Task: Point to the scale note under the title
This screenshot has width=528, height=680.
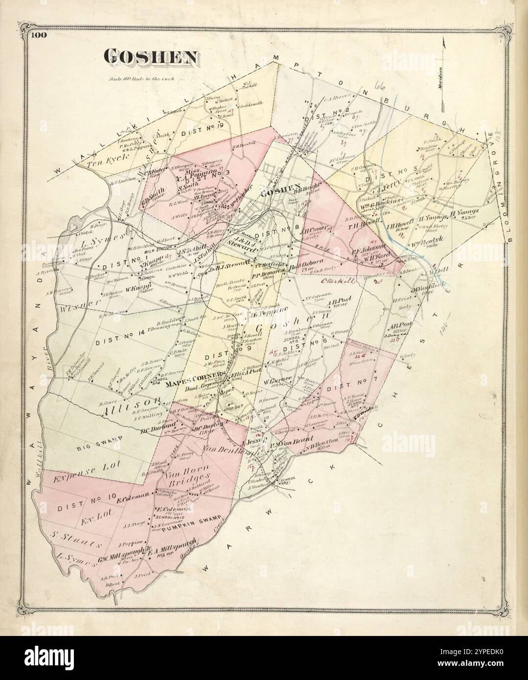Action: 144,78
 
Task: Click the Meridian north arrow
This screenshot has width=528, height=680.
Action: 443,73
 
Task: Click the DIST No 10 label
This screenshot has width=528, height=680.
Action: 87,496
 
